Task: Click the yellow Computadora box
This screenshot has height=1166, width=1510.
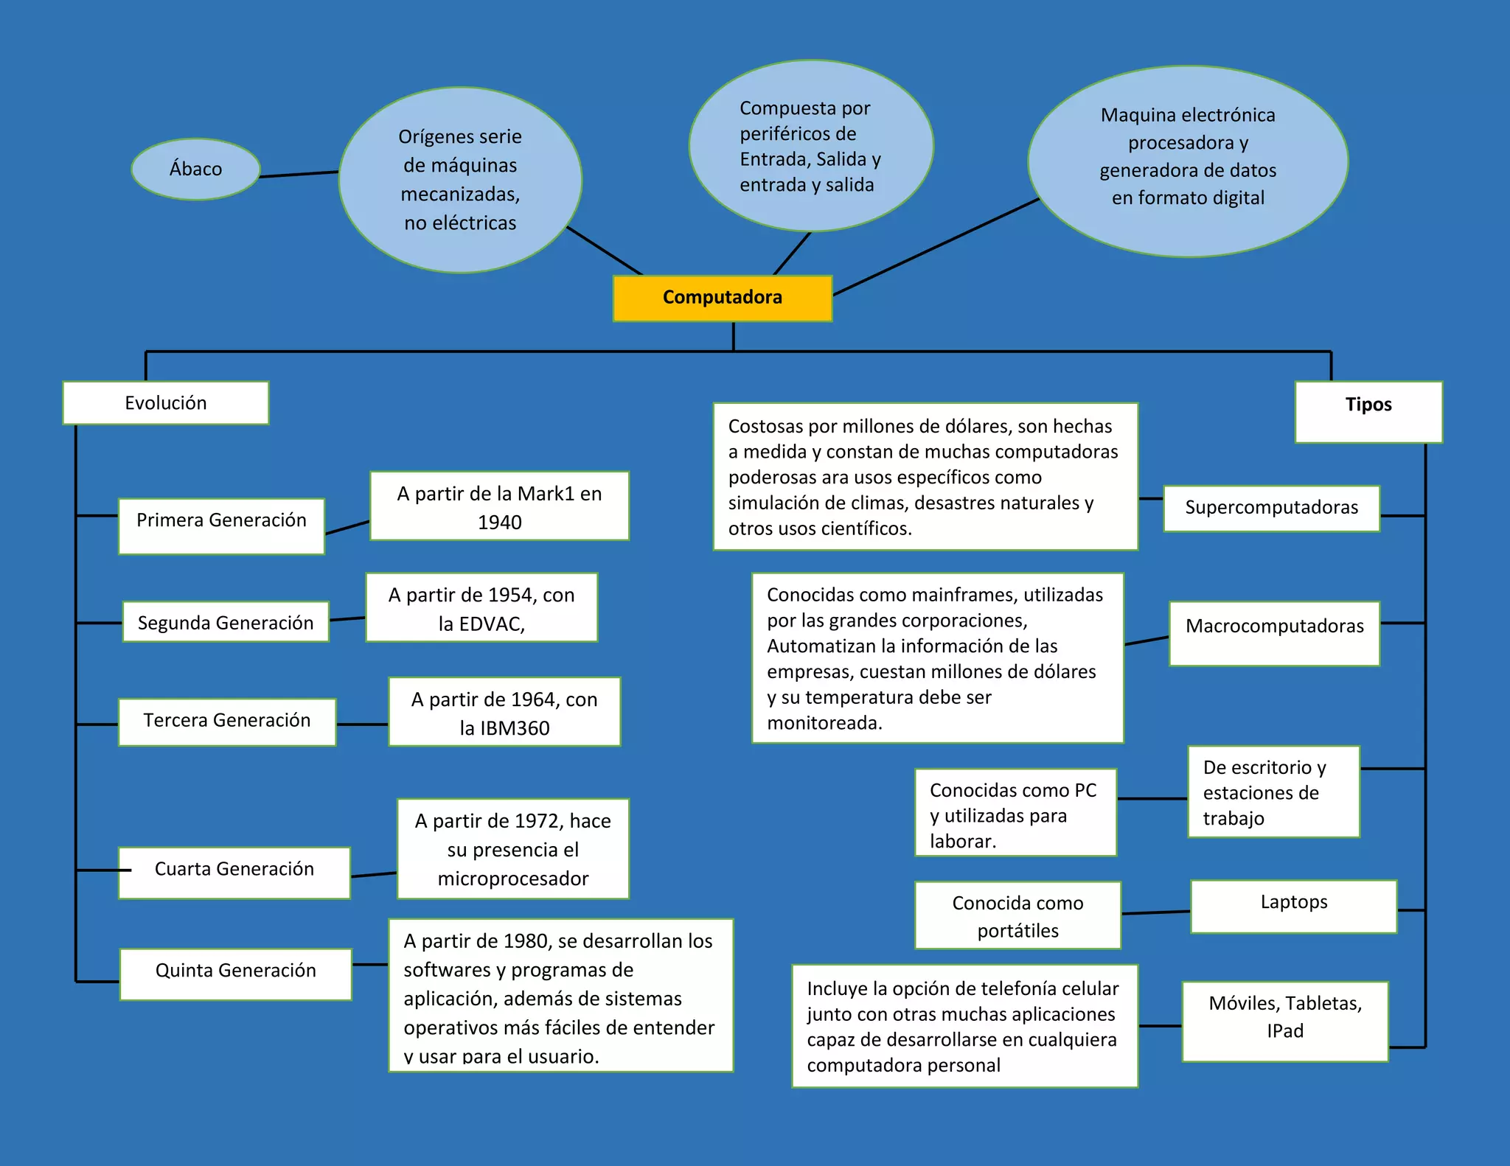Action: tap(722, 298)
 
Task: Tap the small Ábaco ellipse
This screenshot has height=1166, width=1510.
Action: tap(195, 169)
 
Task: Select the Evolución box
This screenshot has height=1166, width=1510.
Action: tap(165, 402)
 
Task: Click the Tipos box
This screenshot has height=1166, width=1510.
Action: tap(1368, 411)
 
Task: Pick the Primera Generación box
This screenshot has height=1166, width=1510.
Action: tap(221, 526)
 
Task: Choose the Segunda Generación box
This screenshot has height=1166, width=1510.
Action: tap(226, 622)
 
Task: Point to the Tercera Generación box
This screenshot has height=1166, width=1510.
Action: tap(227, 722)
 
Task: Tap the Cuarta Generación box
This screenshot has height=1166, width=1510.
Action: tap(234, 872)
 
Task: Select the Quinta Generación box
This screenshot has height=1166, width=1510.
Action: tap(235, 973)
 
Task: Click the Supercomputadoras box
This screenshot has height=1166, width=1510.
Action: tap(1271, 508)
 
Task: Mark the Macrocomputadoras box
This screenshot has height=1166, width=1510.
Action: tap(1274, 632)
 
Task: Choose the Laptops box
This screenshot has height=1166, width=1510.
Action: tap(1293, 906)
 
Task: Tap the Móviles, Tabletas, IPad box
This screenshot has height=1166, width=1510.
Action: tap(1285, 1020)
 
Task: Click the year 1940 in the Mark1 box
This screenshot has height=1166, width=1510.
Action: tap(499, 523)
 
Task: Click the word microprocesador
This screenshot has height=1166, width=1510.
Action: tap(513, 879)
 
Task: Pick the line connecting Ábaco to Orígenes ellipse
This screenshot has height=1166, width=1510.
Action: tap(299, 174)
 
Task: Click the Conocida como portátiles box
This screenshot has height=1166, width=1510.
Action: tap(1017, 915)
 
